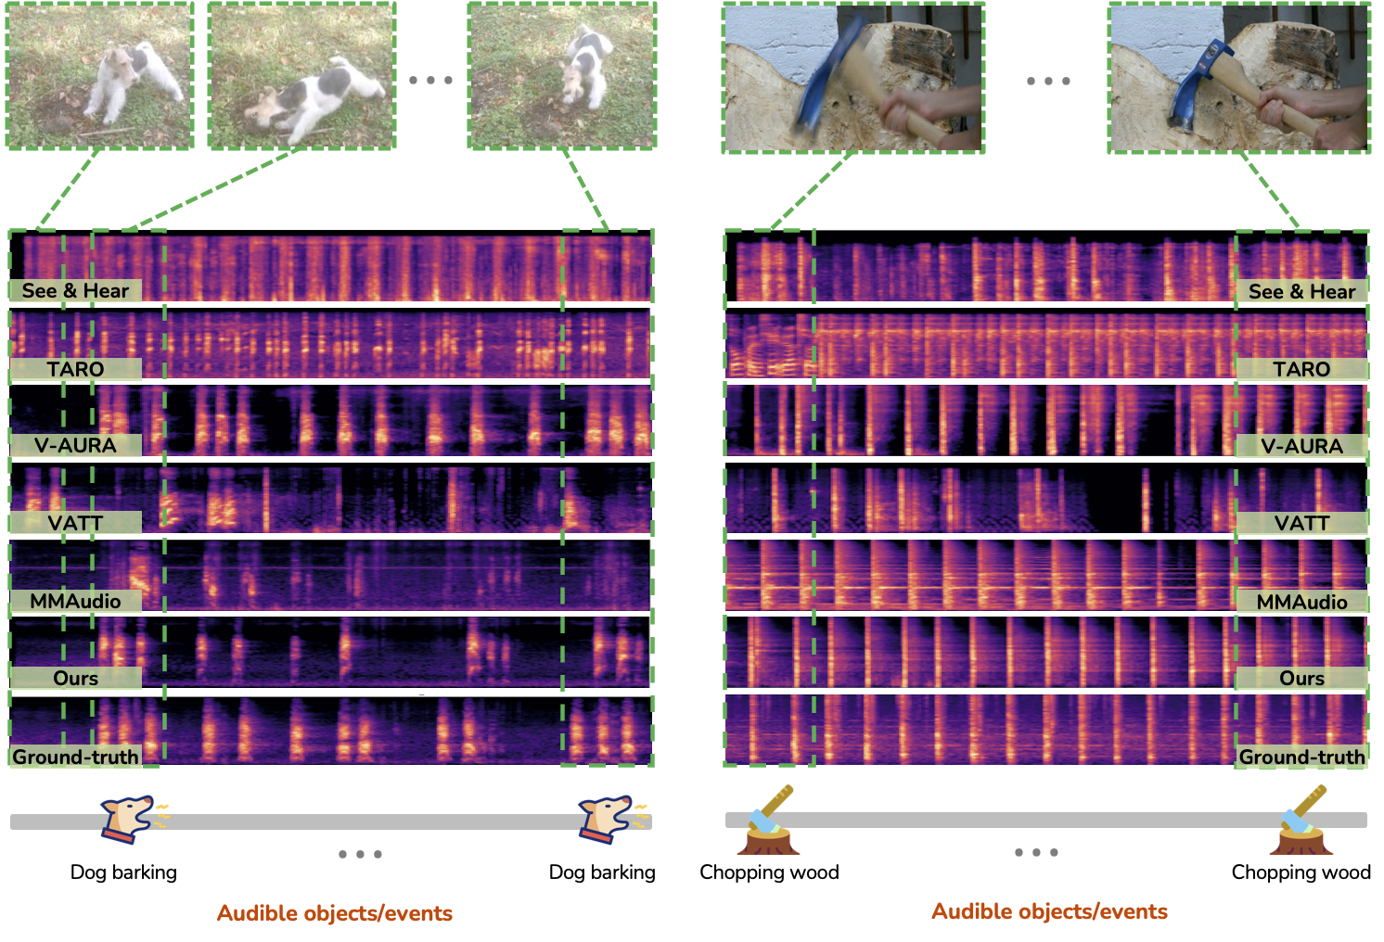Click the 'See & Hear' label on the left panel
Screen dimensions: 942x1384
click(75, 291)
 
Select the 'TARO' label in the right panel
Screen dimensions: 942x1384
click(1301, 369)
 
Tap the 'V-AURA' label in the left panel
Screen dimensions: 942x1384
click(75, 445)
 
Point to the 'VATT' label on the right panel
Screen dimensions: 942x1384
click(1301, 523)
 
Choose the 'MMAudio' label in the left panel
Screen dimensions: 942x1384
click(75, 601)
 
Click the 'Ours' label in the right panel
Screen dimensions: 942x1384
click(1301, 678)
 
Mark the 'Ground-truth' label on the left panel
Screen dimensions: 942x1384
click(75, 757)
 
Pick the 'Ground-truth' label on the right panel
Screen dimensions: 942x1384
click(1301, 757)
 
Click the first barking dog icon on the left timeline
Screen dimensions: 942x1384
click(130, 818)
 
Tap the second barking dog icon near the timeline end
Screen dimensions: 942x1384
click(608, 818)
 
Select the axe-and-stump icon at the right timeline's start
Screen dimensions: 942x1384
click(768, 821)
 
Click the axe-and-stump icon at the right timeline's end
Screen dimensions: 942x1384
click(1301, 821)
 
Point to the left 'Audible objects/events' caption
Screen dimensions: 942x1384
click(334, 913)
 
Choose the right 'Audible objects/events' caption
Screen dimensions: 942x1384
click(1049, 911)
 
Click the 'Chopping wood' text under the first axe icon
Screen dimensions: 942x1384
click(769, 872)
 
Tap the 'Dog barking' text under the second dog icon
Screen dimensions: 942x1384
click(602, 872)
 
